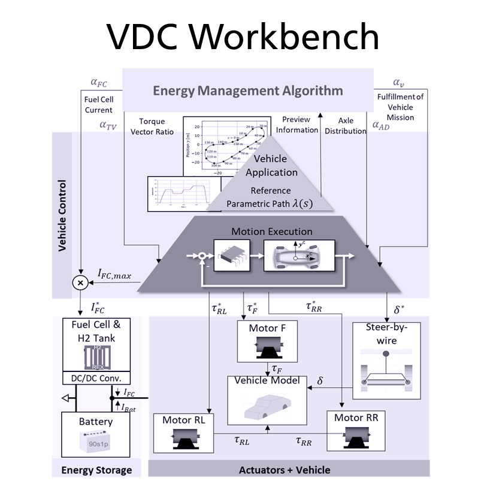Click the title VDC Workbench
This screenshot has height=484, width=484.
[x=243, y=37]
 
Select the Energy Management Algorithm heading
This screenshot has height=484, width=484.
[x=248, y=91]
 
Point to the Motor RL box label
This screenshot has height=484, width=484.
[x=184, y=419]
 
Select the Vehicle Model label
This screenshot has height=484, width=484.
[x=267, y=380]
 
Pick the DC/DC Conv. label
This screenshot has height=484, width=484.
[x=96, y=378]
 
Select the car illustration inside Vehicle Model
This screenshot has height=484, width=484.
[x=266, y=408]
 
